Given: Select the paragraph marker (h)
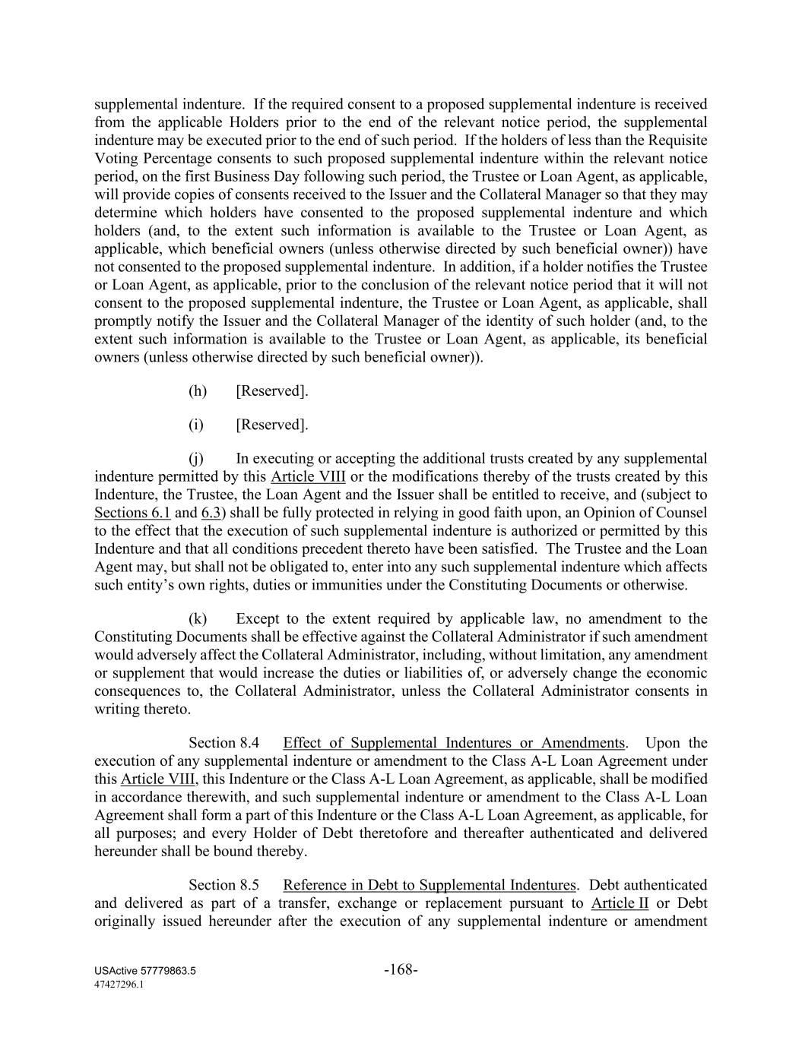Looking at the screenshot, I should (198, 391).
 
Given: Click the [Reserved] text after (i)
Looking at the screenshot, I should (272, 425).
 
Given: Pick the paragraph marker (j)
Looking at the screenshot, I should (197, 459).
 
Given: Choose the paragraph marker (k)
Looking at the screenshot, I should (198, 619).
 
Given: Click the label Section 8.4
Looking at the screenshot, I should (224, 743).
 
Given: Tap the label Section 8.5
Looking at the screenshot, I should (224, 885).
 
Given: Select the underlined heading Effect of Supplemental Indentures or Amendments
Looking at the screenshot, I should (454, 743).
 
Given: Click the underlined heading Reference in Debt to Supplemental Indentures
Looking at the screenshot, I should (430, 885).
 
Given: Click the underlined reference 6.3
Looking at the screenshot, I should (210, 513).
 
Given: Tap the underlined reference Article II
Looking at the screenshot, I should (620, 903).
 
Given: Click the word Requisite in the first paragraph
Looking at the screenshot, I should (679, 141).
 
